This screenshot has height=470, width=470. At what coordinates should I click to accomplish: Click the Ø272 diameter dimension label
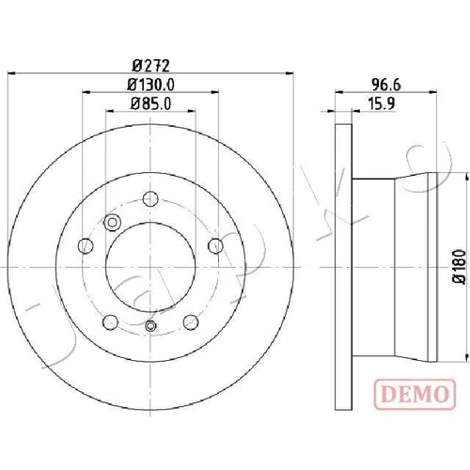point(151,66)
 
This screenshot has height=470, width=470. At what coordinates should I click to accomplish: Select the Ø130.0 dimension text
point(150,85)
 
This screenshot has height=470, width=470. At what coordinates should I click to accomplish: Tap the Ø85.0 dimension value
point(151,103)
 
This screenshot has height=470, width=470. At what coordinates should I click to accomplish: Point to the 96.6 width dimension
point(386,85)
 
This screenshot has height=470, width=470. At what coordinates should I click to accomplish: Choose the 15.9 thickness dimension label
point(381,103)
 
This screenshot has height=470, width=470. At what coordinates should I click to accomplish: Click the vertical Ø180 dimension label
point(460,267)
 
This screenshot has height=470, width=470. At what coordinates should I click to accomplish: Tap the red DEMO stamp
point(415,394)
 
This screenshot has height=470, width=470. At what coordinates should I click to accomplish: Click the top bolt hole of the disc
point(150,198)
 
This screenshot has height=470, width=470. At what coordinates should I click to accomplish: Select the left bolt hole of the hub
point(86,245)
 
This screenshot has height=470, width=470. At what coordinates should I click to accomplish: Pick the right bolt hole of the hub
point(216,245)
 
